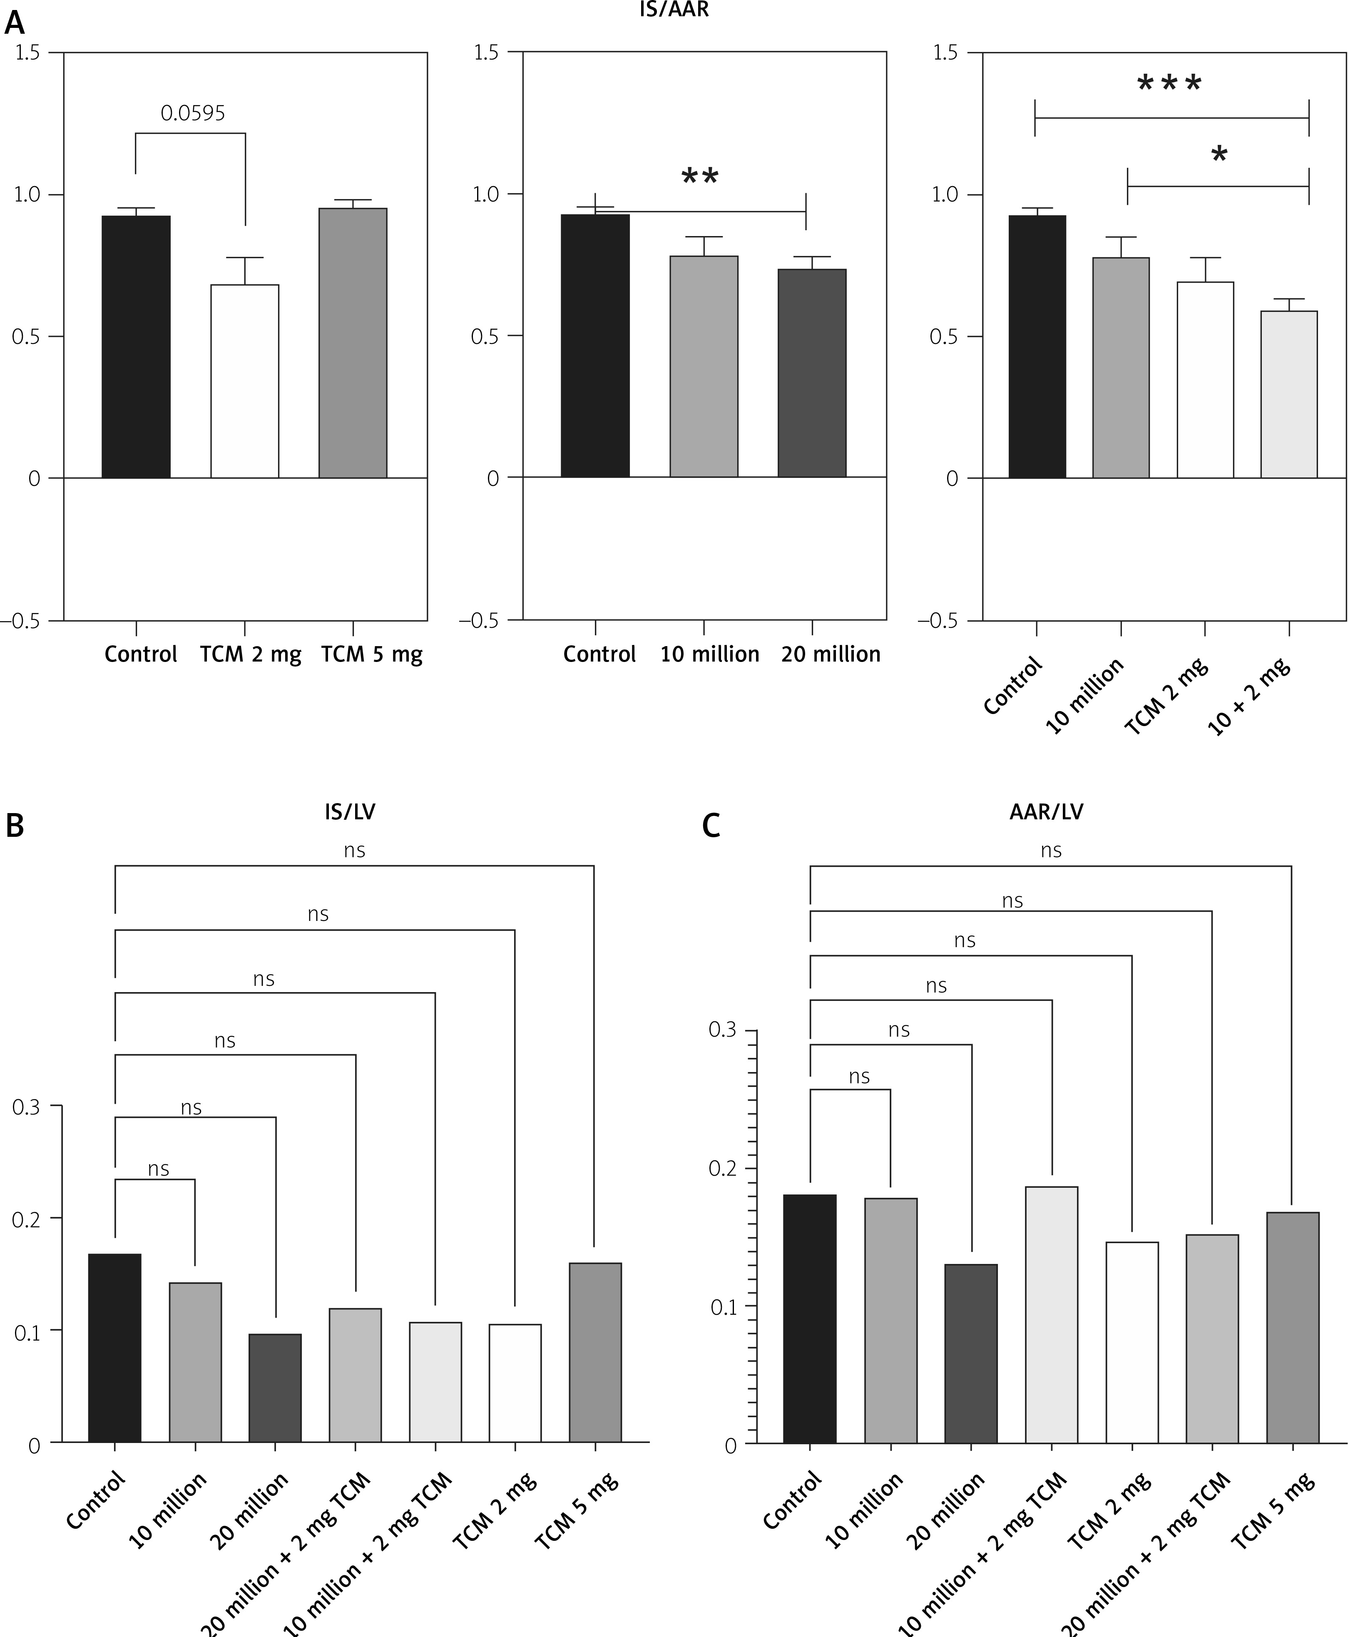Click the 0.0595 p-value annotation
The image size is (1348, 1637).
point(193,113)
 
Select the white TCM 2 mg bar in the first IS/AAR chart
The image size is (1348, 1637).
point(245,381)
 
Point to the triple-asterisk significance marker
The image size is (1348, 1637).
point(1169,84)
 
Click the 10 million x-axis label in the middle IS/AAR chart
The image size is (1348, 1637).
point(710,654)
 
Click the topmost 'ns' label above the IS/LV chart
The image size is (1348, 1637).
point(354,850)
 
